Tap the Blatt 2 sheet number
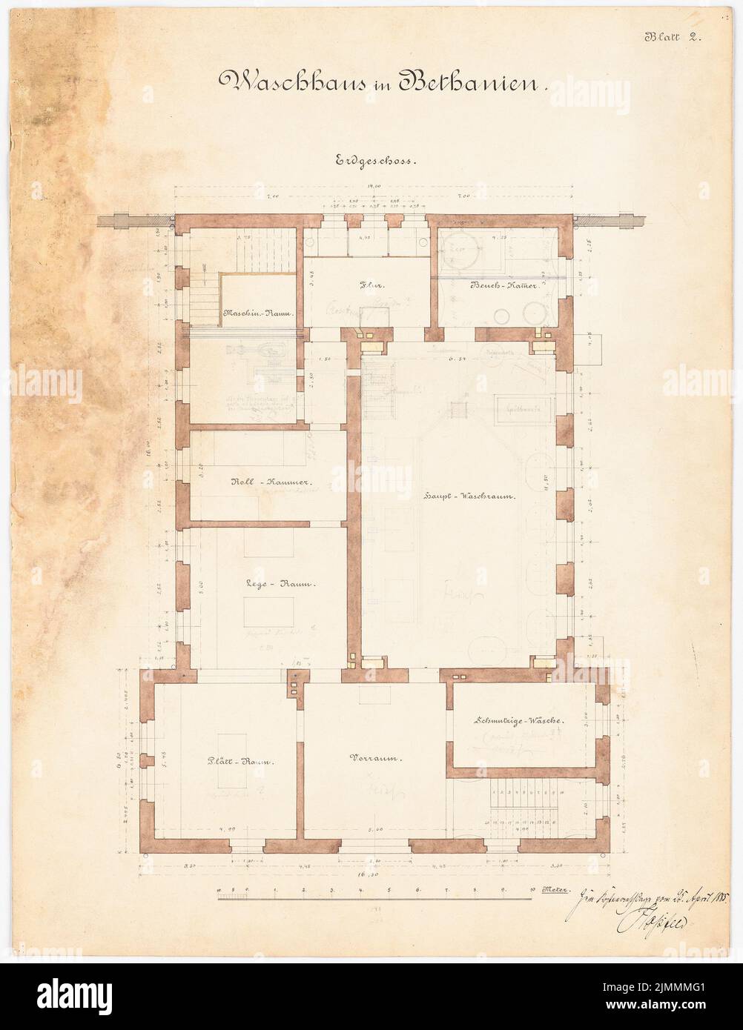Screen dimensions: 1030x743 point(676,36)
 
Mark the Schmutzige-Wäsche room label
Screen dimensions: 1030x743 point(519,720)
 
